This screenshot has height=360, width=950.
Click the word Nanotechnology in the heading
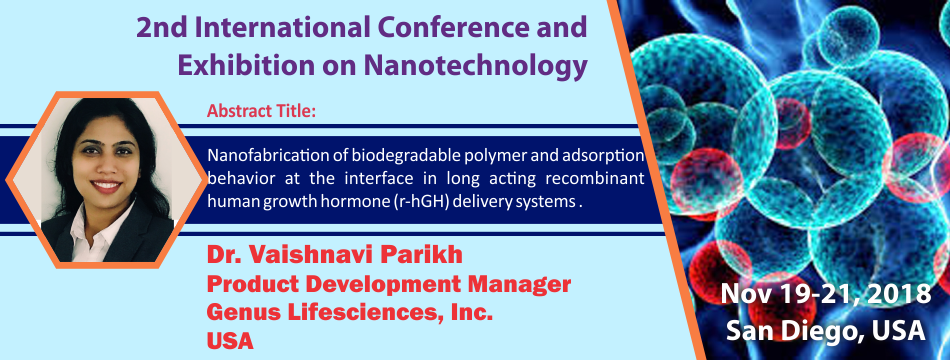[x=476, y=65]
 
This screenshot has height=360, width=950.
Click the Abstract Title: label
[x=262, y=112]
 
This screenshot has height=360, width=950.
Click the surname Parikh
[x=422, y=256]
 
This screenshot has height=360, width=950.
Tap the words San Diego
[x=792, y=330]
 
